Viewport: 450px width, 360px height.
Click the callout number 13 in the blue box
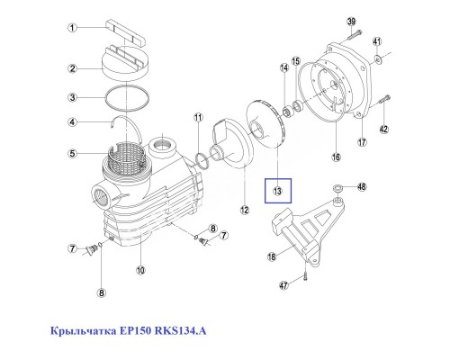(278, 191)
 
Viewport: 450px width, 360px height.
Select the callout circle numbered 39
(353, 22)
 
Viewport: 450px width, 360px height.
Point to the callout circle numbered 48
(363, 187)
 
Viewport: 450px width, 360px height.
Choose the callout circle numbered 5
(73, 153)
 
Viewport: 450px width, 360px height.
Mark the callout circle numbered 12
(244, 211)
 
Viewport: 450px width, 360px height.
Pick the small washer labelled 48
(336, 189)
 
